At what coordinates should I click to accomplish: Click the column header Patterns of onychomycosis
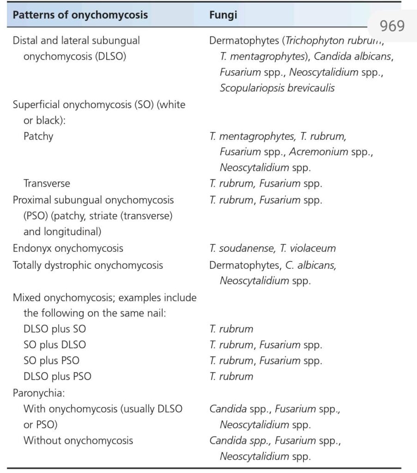pyautogui.click(x=80, y=15)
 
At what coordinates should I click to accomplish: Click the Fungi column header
pyautogui.click(x=223, y=15)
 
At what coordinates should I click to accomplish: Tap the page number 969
pyautogui.click(x=392, y=25)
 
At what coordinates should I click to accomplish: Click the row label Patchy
pyautogui.click(x=38, y=136)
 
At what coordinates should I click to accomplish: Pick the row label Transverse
pyautogui.click(x=47, y=183)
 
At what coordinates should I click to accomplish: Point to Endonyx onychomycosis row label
pyautogui.click(x=68, y=248)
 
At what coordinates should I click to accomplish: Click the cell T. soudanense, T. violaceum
pyautogui.click(x=272, y=248)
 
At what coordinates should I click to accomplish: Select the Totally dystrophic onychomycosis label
pyautogui.click(x=88, y=265)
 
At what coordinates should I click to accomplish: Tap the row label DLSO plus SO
pyautogui.click(x=54, y=329)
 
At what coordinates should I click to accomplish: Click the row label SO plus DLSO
pyautogui.click(x=54, y=345)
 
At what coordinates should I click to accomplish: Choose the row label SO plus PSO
pyautogui.click(x=51, y=360)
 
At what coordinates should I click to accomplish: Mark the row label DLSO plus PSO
pyautogui.click(x=57, y=376)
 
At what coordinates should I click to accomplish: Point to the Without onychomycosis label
pyautogui.click(x=78, y=440)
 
